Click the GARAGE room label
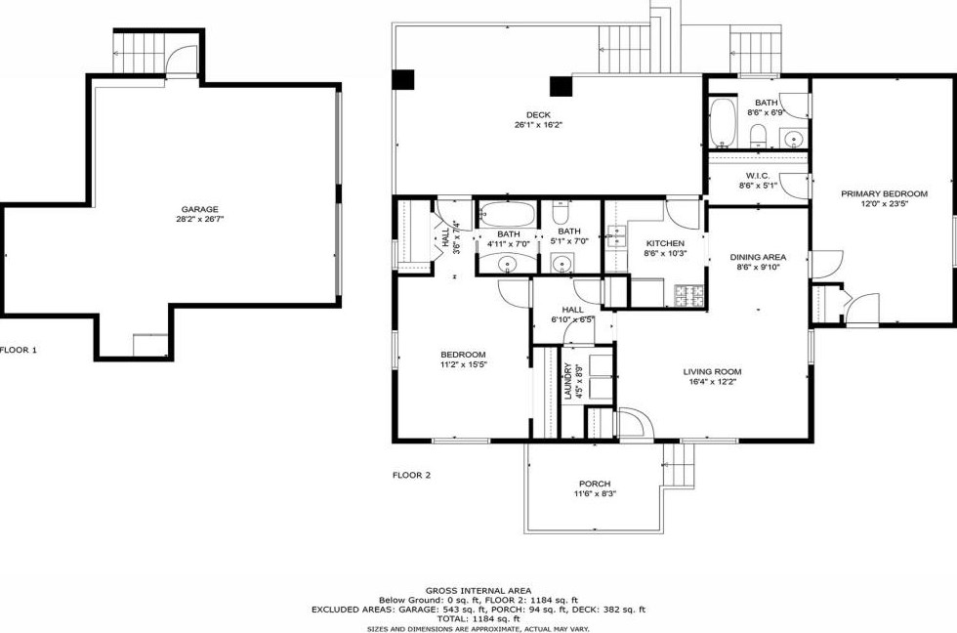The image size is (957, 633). tap(199, 209)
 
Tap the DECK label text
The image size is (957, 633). tap(538, 114)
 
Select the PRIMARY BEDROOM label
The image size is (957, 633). tap(885, 194)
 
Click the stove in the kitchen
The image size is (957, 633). tap(689, 295)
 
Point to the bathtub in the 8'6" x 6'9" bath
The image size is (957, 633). tap(724, 122)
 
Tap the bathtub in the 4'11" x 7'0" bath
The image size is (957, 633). tap(507, 215)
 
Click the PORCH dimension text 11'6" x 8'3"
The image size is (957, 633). tap(595, 494)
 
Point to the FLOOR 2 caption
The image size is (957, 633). tap(411, 475)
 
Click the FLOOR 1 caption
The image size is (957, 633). tap(19, 350)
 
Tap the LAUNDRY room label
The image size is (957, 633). tap(567, 382)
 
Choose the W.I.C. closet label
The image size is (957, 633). tap(758, 176)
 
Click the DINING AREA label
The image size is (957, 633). tap(758, 257)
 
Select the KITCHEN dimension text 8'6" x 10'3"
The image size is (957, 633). tap(665, 253)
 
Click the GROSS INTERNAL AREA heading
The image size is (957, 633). tap(478, 590)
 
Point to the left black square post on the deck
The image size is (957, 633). tap(402, 80)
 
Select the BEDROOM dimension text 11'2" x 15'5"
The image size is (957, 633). tap(464, 364)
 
